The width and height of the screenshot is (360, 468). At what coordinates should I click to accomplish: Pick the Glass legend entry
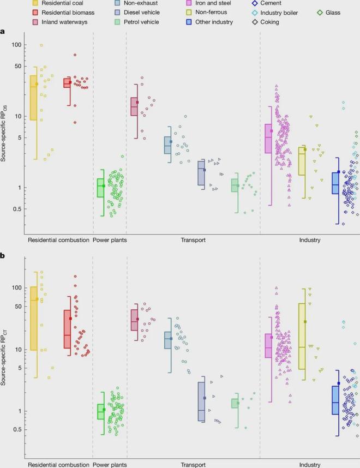pos(336,12)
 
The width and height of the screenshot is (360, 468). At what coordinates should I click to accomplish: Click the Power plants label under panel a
pos(110,240)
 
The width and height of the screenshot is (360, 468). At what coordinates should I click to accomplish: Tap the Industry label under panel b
pos(309,465)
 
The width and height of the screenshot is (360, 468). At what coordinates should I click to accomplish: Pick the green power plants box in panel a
pos(100,188)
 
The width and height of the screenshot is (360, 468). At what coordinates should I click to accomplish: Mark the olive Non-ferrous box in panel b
pos(302,336)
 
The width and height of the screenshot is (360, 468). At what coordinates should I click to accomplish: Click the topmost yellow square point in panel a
pos(41,45)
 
